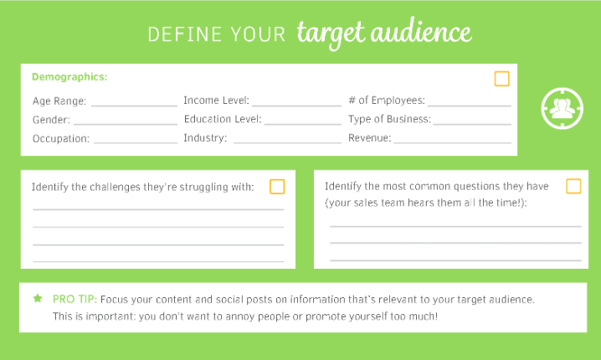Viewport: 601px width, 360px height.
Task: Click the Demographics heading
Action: coord(69,77)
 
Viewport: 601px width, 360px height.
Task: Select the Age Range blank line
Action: coord(134,105)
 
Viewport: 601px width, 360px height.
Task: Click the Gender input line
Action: coord(126,124)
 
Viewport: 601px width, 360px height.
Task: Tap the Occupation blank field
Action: coord(136,142)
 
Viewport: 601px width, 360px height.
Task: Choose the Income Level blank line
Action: coord(296,105)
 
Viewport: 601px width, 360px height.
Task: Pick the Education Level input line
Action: coord(303,124)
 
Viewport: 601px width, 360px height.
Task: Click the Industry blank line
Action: coord(287,142)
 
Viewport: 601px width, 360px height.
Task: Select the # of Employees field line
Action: coord(470,105)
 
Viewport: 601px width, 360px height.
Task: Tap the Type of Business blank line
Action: coord(472,124)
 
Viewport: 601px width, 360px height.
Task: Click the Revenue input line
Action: coord(453,142)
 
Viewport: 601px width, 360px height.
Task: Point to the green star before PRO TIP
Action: coord(38,298)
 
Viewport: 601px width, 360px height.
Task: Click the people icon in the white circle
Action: coord(562,109)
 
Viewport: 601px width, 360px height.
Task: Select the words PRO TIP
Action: coord(74,300)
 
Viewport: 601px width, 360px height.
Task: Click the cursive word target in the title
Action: coord(331,33)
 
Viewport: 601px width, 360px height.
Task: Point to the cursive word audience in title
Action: coord(421,32)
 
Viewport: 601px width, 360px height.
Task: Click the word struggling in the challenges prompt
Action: coord(204,188)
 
